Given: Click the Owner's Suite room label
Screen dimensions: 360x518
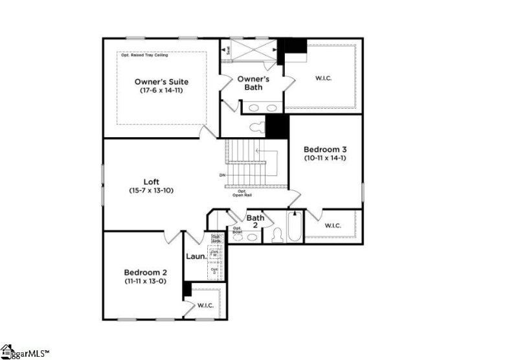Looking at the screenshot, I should pos(162,82).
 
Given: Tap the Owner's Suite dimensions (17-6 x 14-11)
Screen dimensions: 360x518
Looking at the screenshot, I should pos(162,91).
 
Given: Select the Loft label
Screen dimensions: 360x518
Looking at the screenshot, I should pos(151,182).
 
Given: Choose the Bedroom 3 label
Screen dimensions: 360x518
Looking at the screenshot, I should pos(325,148).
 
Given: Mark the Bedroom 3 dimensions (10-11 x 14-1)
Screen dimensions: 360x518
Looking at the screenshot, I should pos(325,157).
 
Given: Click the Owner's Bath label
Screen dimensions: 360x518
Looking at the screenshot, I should pos(253,83).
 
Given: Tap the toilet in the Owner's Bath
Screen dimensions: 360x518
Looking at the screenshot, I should pos(257,125).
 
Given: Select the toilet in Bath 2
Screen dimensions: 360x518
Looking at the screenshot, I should pos(277,235).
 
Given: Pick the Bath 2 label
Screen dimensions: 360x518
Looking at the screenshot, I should pos(255,221).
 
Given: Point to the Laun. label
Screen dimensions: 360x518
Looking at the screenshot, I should pos(196,256).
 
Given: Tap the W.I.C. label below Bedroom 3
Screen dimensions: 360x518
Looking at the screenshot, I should pos(333,225).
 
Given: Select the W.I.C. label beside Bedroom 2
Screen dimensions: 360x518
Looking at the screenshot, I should pos(205,305).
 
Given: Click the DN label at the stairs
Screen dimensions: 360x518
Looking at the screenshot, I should pos(223,175).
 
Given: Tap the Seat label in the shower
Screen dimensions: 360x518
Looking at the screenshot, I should pos(227,49).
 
